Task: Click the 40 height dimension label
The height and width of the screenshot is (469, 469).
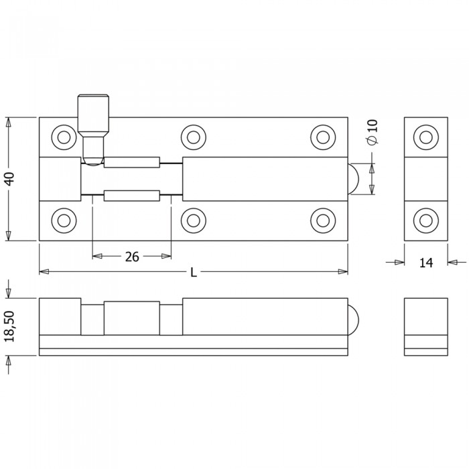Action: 9,179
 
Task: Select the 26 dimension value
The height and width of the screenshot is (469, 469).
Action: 132,257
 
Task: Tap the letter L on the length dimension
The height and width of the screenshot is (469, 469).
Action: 194,273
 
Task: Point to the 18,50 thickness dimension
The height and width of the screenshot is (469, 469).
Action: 9,326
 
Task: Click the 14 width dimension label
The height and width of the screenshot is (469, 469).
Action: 426,263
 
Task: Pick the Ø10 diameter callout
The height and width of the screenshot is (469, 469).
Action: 373,132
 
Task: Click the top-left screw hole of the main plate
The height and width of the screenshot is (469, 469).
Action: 64,137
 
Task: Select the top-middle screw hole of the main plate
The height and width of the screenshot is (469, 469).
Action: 194,137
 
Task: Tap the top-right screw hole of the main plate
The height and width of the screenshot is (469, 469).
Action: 323,137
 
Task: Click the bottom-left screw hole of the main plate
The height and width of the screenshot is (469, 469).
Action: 64,220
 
